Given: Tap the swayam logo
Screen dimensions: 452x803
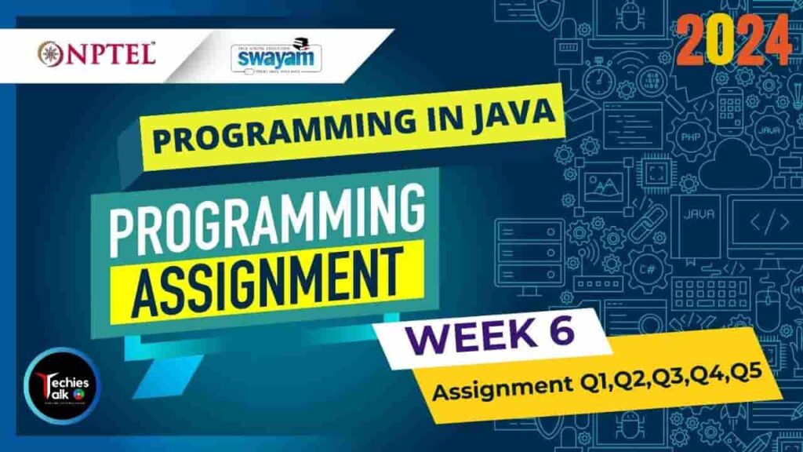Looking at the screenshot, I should pyautogui.click(x=271, y=56).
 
